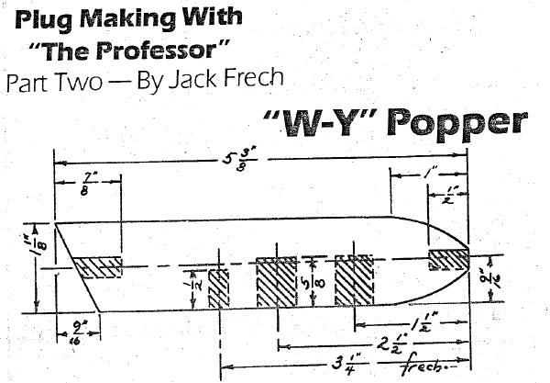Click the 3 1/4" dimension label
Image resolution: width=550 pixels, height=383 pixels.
(x=341, y=369)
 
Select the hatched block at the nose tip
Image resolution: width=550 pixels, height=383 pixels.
(x=448, y=257)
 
